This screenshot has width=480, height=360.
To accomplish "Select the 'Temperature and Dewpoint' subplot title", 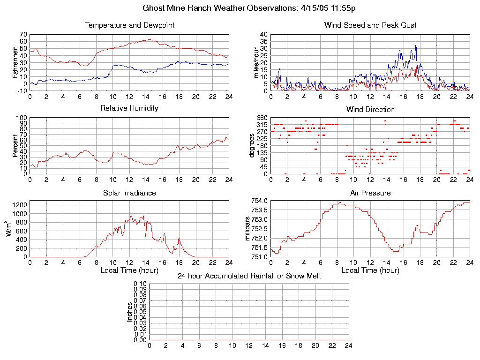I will click(129, 25).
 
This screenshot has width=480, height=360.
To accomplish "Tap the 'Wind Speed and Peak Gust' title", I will click(370, 25).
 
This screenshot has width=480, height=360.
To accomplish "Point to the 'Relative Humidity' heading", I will click(129, 108).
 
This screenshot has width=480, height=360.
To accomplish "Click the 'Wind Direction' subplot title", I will click(370, 110).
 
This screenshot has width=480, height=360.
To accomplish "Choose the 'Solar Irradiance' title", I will click(129, 193).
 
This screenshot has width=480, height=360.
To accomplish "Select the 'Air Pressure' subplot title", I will click(370, 193).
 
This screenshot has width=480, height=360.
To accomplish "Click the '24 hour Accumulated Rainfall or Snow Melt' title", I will click(249, 276).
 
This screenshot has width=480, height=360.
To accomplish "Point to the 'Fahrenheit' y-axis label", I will click(15, 62).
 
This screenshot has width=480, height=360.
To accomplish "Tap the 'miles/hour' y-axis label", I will click(256, 62).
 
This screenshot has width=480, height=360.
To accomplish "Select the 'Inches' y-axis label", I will click(130, 312).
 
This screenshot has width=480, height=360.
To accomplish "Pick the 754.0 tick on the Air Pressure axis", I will click(260, 201).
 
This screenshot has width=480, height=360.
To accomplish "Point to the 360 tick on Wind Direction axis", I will click(262, 118).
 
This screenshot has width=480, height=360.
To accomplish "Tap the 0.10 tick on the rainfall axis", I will click(140, 284).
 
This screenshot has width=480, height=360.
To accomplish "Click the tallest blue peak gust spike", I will click(416, 43).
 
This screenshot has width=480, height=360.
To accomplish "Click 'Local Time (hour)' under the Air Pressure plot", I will click(370, 270).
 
